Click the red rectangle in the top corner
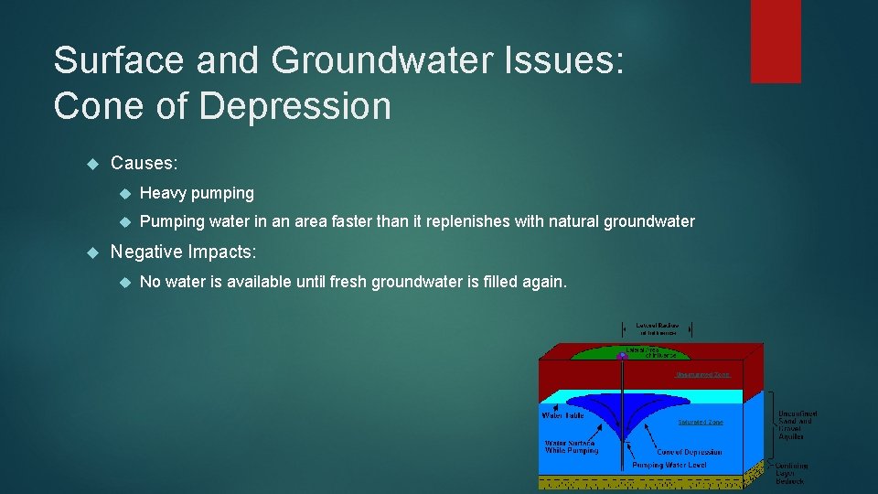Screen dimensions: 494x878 coord(776,41)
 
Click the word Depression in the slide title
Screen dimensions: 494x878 coord(294,106)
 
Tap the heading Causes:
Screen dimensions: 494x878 coord(144,163)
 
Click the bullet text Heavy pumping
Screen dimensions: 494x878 coord(197,193)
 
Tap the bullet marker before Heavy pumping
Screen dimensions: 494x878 coord(125,194)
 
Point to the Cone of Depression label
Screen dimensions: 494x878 coord(690,452)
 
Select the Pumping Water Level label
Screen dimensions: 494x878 coord(669,466)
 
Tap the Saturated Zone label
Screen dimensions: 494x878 coord(700,423)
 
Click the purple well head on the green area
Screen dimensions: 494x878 coord(622,355)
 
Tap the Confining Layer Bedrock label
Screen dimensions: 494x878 coord(792,472)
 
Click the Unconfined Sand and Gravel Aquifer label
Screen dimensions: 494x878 coord(797,425)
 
